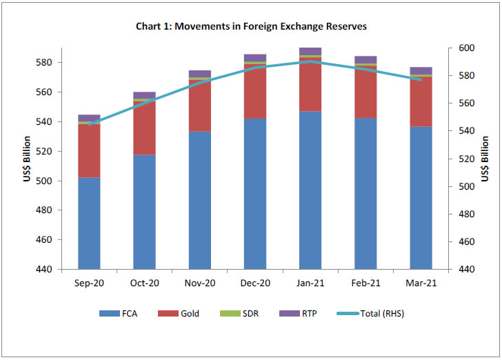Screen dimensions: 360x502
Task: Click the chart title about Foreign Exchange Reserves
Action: (x=251, y=27)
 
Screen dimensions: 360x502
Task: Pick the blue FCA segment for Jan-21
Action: (x=310, y=190)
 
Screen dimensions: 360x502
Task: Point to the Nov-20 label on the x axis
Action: (x=199, y=283)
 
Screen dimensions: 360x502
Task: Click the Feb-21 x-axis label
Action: (x=365, y=283)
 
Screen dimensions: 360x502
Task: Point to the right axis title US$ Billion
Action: (x=485, y=159)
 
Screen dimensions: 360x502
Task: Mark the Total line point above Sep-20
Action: (x=89, y=124)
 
